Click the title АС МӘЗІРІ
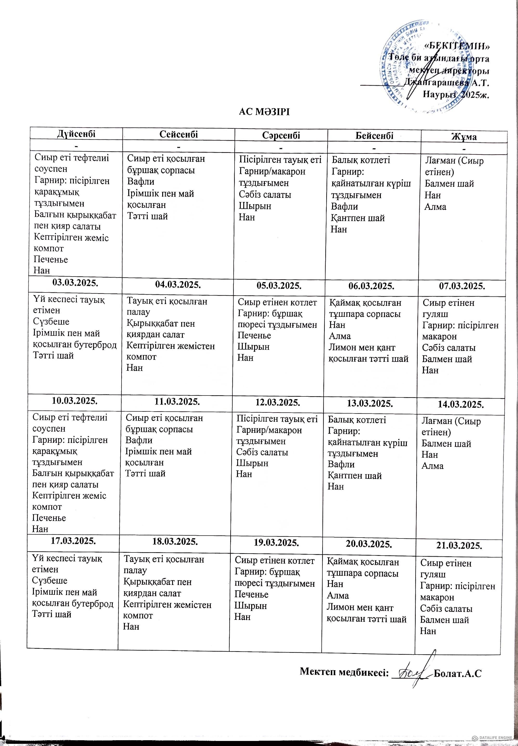coord(264,112)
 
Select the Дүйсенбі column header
coord(76,134)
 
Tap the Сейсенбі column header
coord(179,134)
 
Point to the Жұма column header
coord(464,137)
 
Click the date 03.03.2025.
coord(75,282)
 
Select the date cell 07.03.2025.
coord(462,286)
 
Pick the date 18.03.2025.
coord(175,541)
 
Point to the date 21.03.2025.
coord(459,545)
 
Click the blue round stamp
coord(419,70)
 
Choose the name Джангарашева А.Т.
coord(447,83)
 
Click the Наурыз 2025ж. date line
coord(456,95)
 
